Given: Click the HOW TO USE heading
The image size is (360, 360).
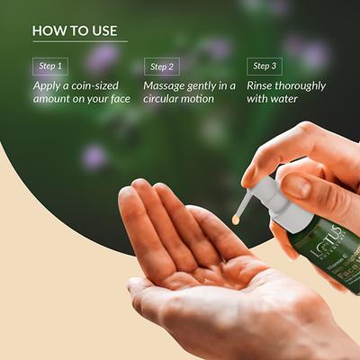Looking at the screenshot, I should (75, 30).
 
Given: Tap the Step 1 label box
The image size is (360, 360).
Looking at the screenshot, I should (50, 66).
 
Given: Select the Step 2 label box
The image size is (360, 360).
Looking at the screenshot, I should (162, 66).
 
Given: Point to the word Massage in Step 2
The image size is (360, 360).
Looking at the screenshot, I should (167, 85).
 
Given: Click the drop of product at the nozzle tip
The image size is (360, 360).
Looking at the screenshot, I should (236, 218).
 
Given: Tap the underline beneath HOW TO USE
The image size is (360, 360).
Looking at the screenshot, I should (79, 41).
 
